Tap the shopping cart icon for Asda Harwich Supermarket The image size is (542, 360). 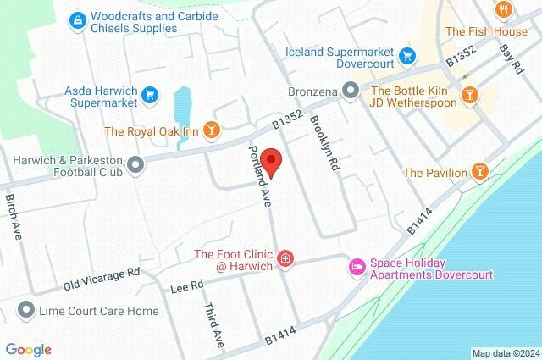pos(151,94)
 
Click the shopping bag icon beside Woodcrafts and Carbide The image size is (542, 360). pos(77,19)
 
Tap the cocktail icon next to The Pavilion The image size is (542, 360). pos(480,173)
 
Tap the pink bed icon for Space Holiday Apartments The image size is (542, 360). pos(357,267)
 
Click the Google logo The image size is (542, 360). pos(28,349)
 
